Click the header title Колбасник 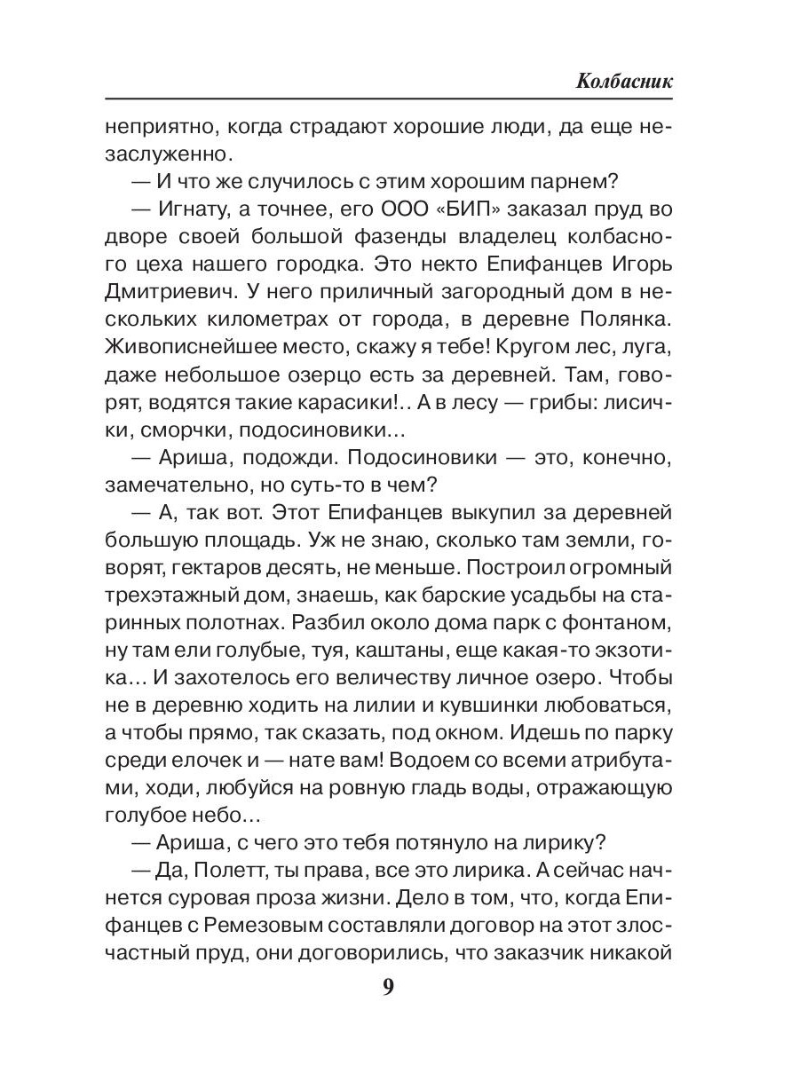coord(624,81)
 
